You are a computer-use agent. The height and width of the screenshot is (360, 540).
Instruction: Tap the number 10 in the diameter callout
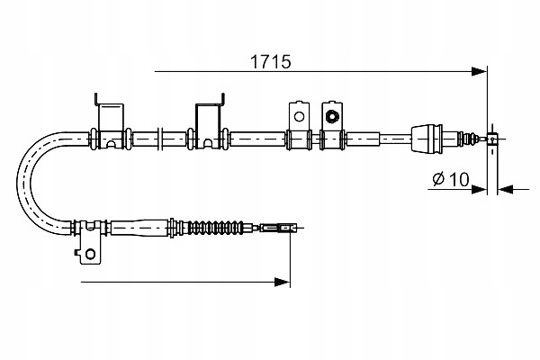point(456,179)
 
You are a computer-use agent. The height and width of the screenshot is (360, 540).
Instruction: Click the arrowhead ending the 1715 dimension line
point(479,69)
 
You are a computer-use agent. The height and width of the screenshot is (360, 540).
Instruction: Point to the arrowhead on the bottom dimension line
point(283,283)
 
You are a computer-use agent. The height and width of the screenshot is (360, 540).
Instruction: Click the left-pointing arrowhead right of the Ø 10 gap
point(503,190)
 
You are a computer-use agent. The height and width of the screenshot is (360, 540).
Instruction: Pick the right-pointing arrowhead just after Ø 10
point(481,190)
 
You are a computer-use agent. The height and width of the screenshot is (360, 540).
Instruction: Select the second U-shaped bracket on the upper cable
point(207,121)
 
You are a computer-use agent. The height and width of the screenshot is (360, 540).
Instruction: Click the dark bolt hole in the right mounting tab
point(331,116)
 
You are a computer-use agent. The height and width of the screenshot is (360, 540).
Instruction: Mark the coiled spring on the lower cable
point(216,228)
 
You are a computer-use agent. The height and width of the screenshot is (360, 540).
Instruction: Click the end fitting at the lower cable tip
point(285,229)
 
